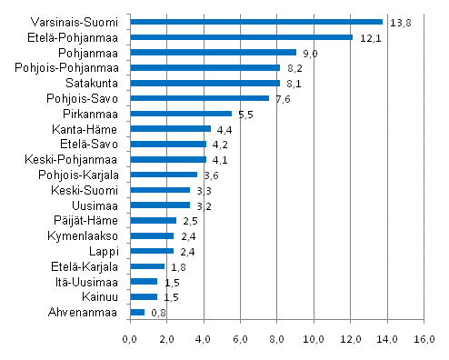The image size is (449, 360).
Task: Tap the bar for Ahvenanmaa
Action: (x=137, y=312)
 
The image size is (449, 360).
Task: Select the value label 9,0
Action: (x=309, y=53)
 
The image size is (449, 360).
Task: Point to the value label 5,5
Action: (x=244, y=115)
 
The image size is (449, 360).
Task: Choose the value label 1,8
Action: (x=177, y=267)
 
